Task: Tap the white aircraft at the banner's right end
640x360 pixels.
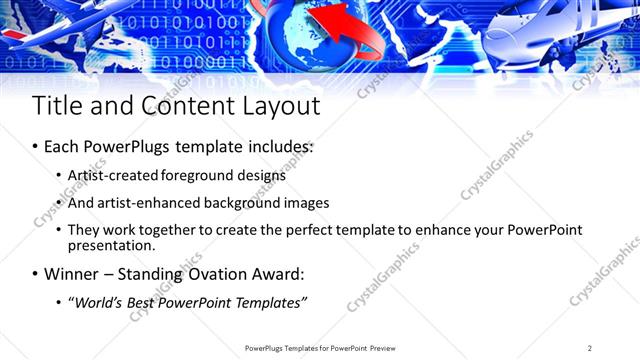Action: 560,35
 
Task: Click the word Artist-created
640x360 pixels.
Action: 112,175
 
